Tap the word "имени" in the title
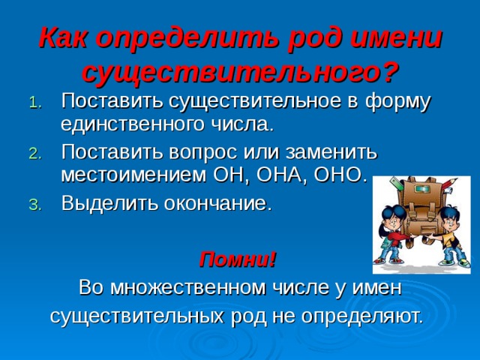(x=395, y=38)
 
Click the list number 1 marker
(x=35, y=103)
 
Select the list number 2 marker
(x=35, y=154)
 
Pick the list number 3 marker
(x=35, y=205)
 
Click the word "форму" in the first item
(x=397, y=103)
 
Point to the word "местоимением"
(x=133, y=175)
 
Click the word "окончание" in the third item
(x=217, y=203)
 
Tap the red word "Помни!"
(x=238, y=259)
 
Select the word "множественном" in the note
(x=188, y=288)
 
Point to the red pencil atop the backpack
(x=449, y=184)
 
